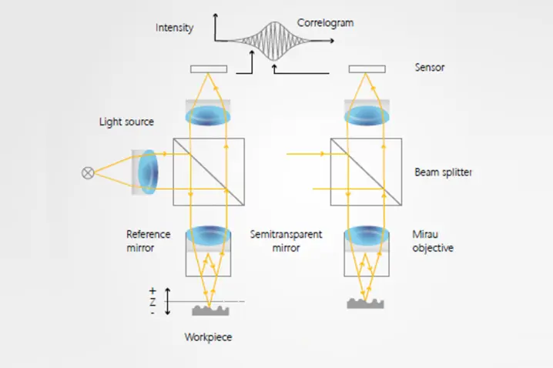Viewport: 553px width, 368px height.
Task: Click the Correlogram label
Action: (325, 23)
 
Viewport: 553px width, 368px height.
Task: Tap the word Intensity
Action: (174, 28)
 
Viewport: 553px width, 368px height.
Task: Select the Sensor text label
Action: (429, 68)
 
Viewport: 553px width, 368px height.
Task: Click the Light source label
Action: (126, 122)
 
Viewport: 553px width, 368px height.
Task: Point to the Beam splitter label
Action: (443, 172)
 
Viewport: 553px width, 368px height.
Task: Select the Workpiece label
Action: (208, 337)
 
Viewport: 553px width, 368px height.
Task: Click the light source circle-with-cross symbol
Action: (87, 173)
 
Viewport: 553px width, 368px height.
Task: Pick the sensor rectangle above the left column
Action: (208, 69)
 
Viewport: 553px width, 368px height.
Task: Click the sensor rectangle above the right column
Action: (367, 69)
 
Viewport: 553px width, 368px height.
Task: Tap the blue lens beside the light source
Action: (149, 171)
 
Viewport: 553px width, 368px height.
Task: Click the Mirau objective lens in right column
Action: (367, 235)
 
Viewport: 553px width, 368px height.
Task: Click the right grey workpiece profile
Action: (366, 303)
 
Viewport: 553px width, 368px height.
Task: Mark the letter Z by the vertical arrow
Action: (152, 303)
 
